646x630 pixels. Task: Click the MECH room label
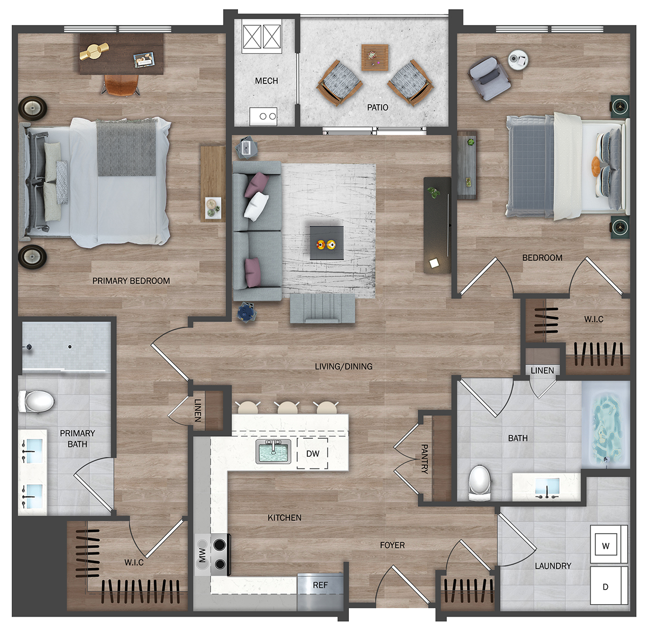click(x=266, y=81)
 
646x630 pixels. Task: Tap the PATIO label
click(x=377, y=107)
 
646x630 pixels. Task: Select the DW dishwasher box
click(x=312, y=453)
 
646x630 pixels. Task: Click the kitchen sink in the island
click(x=273, y=451)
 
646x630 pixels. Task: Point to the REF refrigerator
click(x=320, y=592)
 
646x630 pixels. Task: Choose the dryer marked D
click(x=606, y=586)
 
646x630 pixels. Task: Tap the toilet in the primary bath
click(x=36, y=401)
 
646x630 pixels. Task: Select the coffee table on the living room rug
click(x=326, y=243)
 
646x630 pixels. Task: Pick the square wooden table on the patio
click(x=375, y=58)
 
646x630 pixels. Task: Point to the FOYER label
click(x=392, y=545)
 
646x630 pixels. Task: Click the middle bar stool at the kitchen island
click(x=288, y=408)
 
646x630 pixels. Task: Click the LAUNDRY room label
click(x=553, y=565)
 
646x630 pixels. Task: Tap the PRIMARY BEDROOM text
click(x=131, y=281)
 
